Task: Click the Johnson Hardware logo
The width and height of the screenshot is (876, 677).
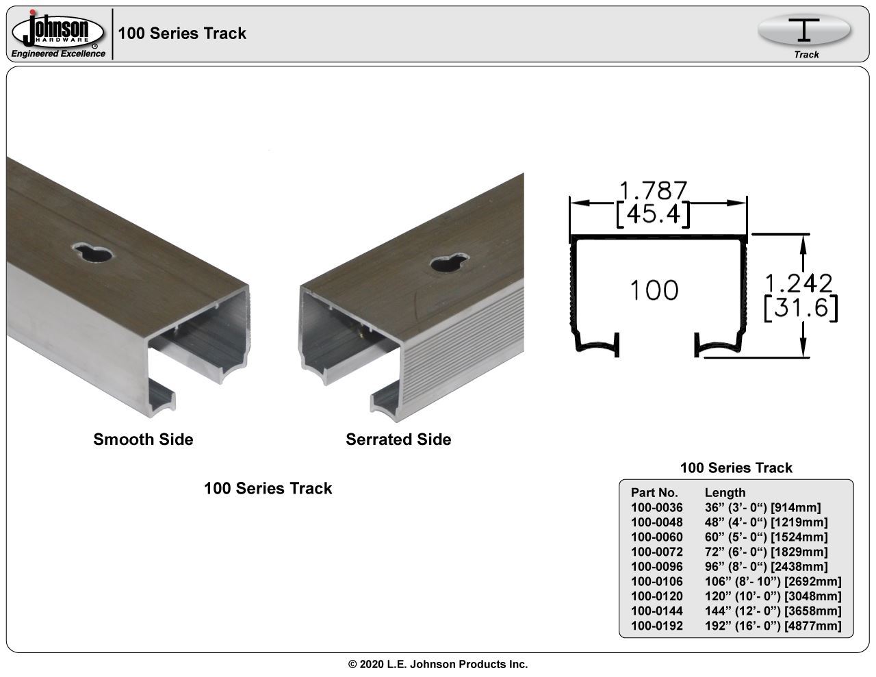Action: point(57,34)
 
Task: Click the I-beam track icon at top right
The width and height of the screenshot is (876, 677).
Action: point(805,31)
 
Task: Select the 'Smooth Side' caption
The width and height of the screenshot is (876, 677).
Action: point(143,439)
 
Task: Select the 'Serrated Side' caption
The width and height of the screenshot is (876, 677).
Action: point(398,439)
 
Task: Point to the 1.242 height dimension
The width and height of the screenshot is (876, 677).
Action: point(799,283)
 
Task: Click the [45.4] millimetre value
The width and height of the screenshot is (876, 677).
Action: point(653,214)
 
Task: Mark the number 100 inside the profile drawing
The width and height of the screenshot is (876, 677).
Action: point(654,290)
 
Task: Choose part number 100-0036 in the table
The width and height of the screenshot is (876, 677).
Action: point(656,507)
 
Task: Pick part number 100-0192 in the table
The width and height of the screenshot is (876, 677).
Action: point(656,626)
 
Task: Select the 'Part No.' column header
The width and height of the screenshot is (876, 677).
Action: point(654,492)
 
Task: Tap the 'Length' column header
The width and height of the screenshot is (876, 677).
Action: point(725,492)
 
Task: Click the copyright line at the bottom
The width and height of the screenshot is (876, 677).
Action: point(438,664)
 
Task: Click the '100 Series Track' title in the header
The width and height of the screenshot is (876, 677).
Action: point(182,34)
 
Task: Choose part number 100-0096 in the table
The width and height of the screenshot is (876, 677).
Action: point(656,567)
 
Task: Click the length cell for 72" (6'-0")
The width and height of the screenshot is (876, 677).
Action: point(766,552)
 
